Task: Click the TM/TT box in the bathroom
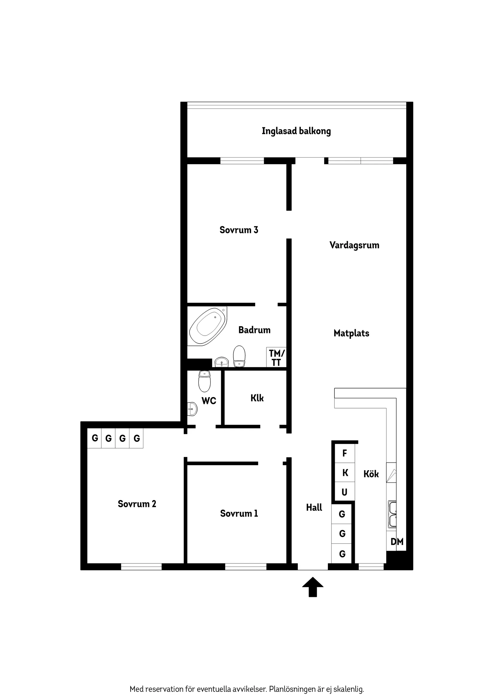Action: coord(276,357)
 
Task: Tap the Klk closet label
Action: coord(257,398)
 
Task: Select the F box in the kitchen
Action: coord(345,453)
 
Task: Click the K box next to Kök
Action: coord(345,473)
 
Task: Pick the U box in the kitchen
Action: coord(345,492)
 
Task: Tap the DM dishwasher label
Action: coord(397,541)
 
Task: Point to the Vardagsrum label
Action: coord(354,245)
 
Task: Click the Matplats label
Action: coord(351,333)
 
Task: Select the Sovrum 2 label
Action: coord(137,504)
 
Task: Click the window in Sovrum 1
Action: coord(246,567)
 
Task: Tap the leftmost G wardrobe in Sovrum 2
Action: coord(95,438)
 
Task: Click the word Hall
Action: coord(314,508)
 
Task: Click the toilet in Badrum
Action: coord(239,356)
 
